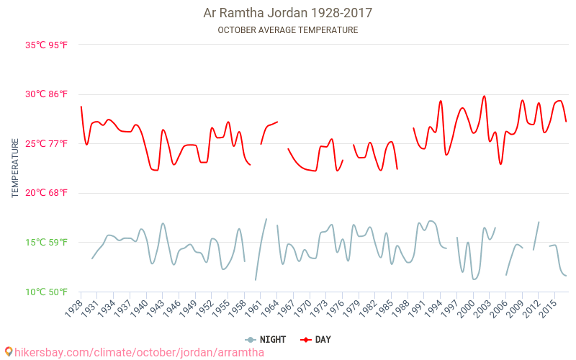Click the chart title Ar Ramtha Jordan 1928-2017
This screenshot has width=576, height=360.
(x=288, y=13)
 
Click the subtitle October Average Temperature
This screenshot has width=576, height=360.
(x=288, y=30)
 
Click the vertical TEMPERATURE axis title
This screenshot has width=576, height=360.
(x=15, y=168)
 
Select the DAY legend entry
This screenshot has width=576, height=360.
(x=317, y=339)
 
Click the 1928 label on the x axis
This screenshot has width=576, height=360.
(x=73, y=307)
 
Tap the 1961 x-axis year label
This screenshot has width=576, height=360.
(x=253, y=307)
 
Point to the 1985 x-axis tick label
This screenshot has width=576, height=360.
(x=384, y=307)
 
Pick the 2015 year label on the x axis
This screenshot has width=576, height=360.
(x=547, y=307)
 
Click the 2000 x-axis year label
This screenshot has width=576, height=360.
(x=465, y=307)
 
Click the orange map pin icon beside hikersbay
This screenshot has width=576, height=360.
(x=8, y=352)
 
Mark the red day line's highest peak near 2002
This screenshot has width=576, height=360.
(x=485, y=96)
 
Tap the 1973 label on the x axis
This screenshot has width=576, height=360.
(x=318, y=307)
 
